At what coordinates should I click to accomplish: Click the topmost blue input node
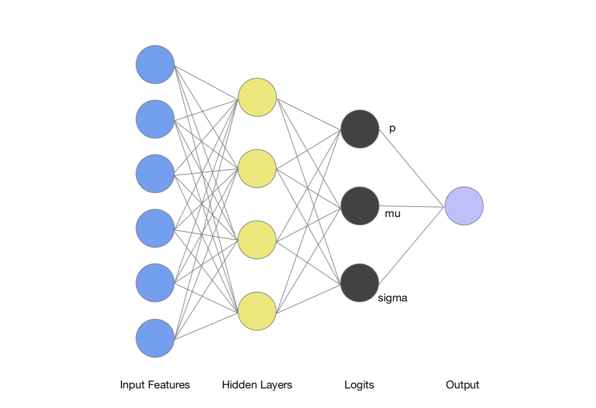click(155, 64)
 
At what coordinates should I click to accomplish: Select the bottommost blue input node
click(155, 338)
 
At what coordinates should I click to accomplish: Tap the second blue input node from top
click(155, 119)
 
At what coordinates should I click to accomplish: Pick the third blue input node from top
click(155, 174)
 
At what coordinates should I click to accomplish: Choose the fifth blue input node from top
click(155, 283)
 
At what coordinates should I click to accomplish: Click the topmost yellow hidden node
click(257, 97)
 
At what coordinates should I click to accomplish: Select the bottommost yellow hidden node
click(257, 311)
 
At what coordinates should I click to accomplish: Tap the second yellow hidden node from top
click(257, 169)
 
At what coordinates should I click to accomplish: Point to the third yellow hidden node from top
click(257, 240)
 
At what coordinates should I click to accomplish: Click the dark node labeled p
click(360, 129)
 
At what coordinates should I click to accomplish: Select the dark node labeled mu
click(360, 206)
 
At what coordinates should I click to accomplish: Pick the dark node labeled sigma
click(360, 283)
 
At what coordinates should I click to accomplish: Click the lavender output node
click(464, 206)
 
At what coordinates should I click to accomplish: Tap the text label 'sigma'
click(393, 298)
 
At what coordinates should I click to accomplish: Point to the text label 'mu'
click(393, 214)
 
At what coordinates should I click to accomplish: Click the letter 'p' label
click(392, 128)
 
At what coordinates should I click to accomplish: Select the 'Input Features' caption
click(155, 385)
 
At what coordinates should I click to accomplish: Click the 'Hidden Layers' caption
click(257, 385)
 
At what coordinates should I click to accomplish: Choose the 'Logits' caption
click(359, 385)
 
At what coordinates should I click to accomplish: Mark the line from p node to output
click(412, 168)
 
